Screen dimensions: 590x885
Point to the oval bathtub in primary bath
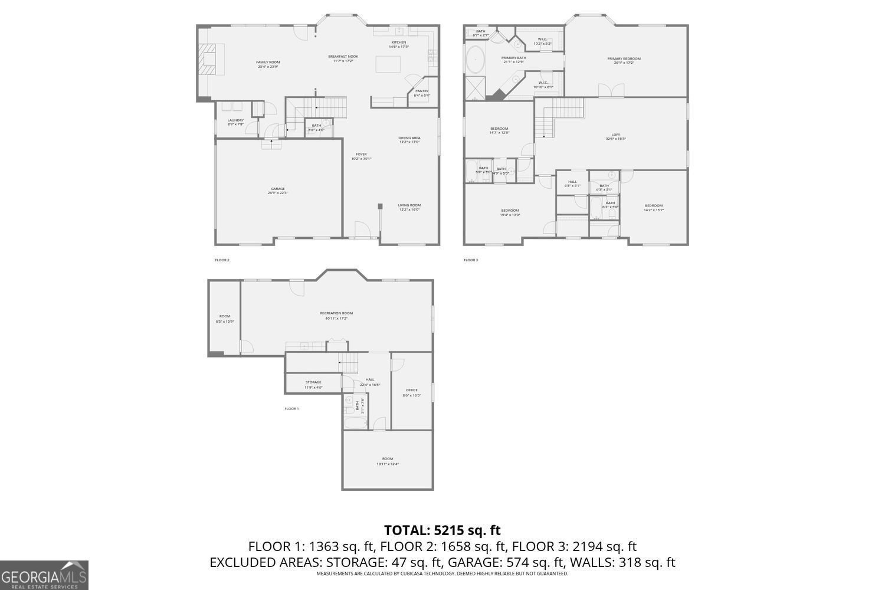coord(476,60)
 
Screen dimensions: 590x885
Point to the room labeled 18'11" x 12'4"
coord(387,461)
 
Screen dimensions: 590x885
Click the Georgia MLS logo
coord(44,575)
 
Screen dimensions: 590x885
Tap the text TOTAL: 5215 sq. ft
coord(442,530)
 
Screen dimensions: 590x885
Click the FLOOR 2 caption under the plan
coord(222,260)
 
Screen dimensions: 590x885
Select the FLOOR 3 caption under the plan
coord(471,260)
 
